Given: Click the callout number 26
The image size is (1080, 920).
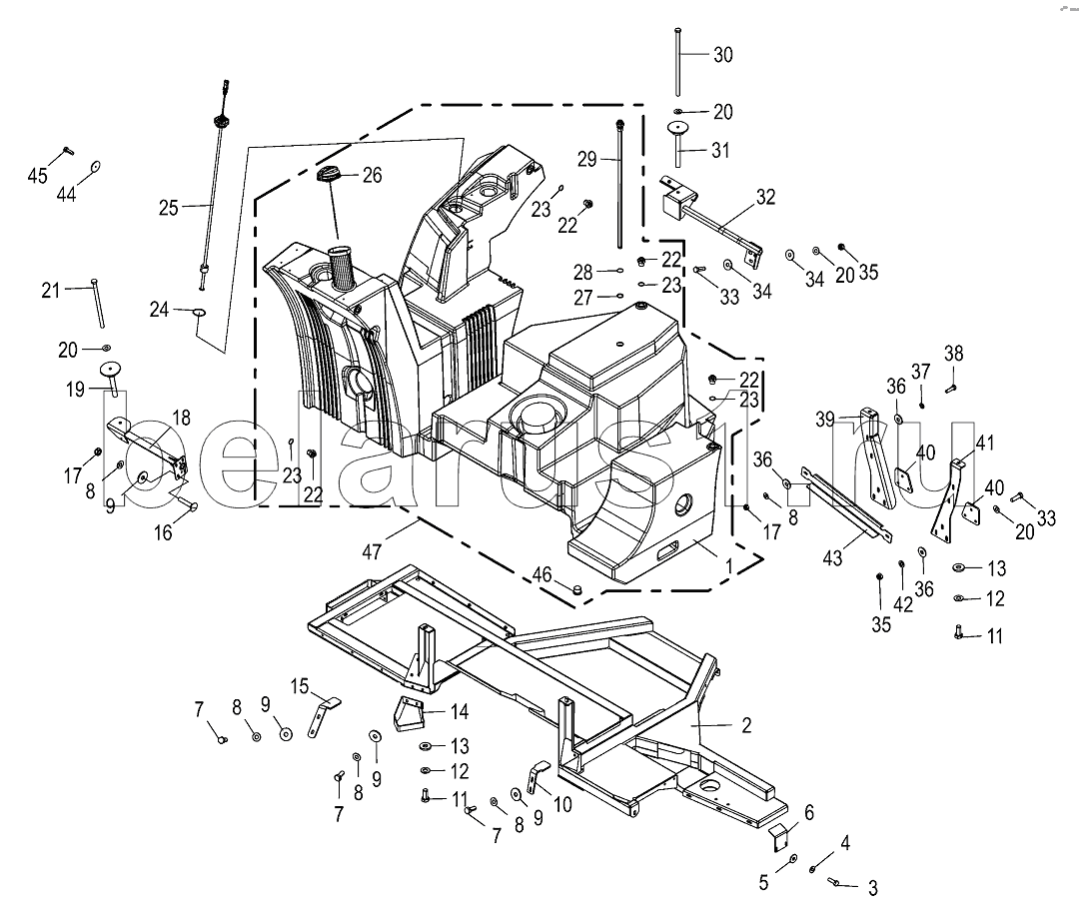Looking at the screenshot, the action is (372, 176).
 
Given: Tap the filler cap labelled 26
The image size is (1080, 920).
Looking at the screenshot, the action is (329, 175).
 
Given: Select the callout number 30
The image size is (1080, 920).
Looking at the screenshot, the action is (723, 55).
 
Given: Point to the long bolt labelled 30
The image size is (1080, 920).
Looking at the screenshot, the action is (678, 62).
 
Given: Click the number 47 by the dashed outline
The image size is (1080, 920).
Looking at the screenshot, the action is (372, 551).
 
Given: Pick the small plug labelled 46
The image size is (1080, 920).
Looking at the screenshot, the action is (578, 588).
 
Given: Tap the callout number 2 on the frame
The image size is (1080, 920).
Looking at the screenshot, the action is (746, 725).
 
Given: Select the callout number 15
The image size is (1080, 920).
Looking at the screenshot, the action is (300, 686).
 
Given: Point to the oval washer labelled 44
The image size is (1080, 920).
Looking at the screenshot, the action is (95, 168).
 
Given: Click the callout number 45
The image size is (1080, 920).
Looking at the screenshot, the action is (37, 176).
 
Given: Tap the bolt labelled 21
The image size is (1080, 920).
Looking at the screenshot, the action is (97, 303).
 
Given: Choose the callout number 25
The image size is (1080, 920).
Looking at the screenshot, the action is (169, 208).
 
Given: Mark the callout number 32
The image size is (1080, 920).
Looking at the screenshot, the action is (766, 197).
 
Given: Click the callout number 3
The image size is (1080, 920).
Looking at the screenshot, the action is (872, 888).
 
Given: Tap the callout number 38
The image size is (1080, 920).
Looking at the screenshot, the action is (954, 354).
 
